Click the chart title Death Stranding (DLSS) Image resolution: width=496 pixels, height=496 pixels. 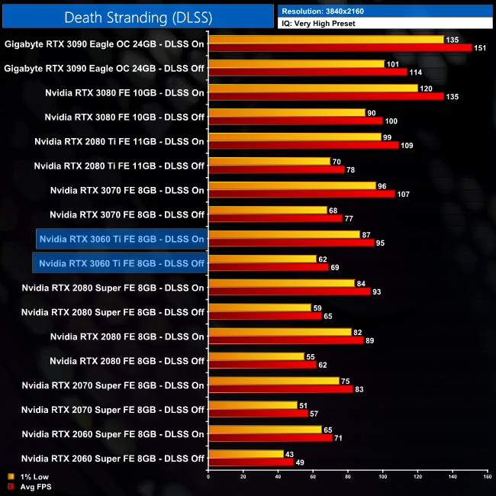pyautogui.click(x=137, y=16)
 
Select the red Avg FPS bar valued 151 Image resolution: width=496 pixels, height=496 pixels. pyautogui.click(x=340, y=47)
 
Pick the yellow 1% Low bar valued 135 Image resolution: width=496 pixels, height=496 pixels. pyautogui.click(x=326, y=40)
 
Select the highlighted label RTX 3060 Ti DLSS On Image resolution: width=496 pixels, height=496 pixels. pyautogui.click(x=121, y=239)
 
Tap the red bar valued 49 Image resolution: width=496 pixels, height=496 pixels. pyautogui.click(x=250, y=462)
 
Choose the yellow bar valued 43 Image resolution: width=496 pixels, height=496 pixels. pyautogui.click(x=245, y=454)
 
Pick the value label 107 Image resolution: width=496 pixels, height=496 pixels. pyautogui.click(x=403, y=194)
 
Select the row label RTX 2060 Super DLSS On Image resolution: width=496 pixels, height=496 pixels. pyautogui.click(x=113, y=434)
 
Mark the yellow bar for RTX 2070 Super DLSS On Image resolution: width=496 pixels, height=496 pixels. pyautogui.click(x=273, y=381)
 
